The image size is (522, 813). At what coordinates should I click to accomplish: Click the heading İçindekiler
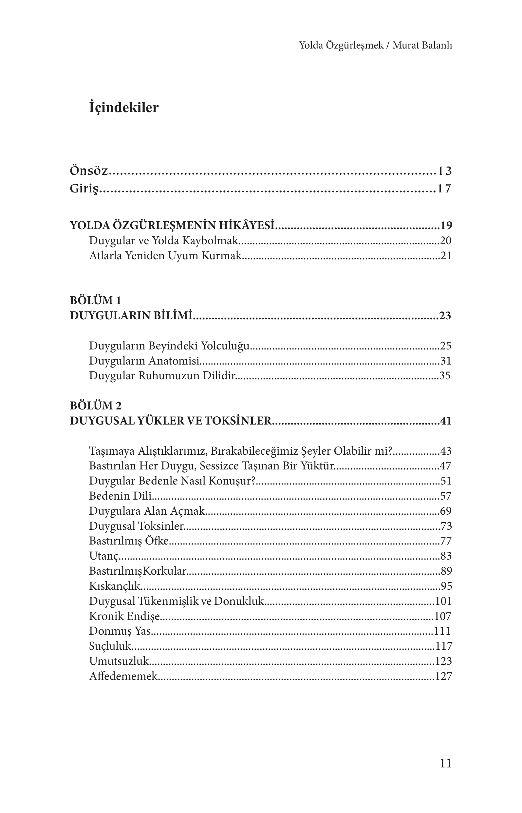[x=124, y=108]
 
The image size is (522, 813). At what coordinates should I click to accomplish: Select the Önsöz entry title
[x=89, y=171]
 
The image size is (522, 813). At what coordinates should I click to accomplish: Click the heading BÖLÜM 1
[x=95, y=300]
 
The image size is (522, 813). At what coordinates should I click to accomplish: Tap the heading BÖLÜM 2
[x=96, y=406]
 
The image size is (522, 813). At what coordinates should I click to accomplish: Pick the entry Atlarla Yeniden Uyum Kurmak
[x=165, y=255]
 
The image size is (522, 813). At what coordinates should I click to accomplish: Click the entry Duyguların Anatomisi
[x=144, y=361]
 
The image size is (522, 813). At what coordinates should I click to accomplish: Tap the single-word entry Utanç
[x=104, y=556]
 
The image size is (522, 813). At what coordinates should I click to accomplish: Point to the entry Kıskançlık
[x=115, y=586]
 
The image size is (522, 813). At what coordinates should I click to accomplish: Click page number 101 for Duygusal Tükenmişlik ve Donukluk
[x=443, y=601]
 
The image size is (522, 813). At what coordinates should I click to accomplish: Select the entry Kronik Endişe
[x=124, y=616]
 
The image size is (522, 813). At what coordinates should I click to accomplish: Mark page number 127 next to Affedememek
[x=443, y=676]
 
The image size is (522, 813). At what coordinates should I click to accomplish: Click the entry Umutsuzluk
[x=119, y=661]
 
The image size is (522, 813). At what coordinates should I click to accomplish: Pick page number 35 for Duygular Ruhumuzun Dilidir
[x=445, y=376]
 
